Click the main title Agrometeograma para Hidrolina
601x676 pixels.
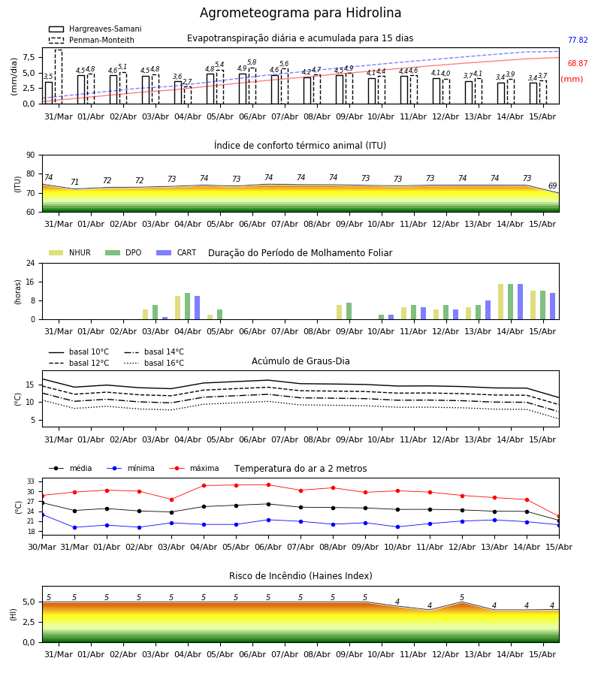pyautogui.click(x=300, y=13)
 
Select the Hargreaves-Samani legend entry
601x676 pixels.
pyautogui.click(x=95, y=29)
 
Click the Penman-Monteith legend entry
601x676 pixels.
pyautogui.click(x=92, y=40)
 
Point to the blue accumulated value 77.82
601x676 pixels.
pyautogui.click(x=578, y=40)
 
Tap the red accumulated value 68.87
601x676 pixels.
pyautogui.click(x=578, y=63)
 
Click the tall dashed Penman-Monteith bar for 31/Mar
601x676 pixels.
pyautogui.click(x=59, y=77)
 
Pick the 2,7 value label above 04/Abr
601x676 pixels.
pyautogui.click(x=187, y=81)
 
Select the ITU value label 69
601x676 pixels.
pyautogui.click(x=552, y=186)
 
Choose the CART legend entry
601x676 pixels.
pyautogui.click(x=177, y=252)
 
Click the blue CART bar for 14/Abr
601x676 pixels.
pyautogui.click(x=520, y=302)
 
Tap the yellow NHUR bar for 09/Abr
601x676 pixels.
pyautogui.click(x=340, y=312)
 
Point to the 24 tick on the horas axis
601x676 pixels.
pyautogui.click(x=31, y=263)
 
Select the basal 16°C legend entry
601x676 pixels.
pyautogui.click(x=154, y=363)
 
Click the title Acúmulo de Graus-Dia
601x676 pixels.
pyautogui.click(x=300, y=361)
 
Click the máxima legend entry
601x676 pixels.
pyautogui.click(x=195, y=468)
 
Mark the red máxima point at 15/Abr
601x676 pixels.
pyautogui.click(x=559, y=517)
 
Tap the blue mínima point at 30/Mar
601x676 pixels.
pyautogui.click(x=42, y=515)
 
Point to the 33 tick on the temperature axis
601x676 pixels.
pyautogui.click(x=31, y=481)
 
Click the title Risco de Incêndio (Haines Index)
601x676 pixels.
pyautogui.click(x=300, y=576)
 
